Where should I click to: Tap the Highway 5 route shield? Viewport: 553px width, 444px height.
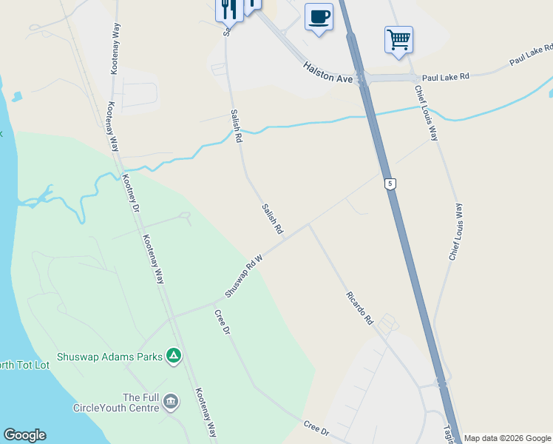pos(390,184)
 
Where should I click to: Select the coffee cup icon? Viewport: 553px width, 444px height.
pos(319,16)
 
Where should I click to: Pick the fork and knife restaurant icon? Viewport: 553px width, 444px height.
pos(229,9)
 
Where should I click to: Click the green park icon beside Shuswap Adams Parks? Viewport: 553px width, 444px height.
pos(173,357)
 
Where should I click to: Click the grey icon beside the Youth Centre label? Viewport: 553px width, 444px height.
pos(171,402)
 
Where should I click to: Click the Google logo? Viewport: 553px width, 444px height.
pos(24,435)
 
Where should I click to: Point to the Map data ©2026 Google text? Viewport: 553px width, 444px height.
pos(507,438)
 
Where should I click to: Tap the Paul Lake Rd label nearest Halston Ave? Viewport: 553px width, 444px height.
pos(445,76)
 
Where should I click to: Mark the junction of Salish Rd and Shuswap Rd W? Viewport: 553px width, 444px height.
pos(291,235)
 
